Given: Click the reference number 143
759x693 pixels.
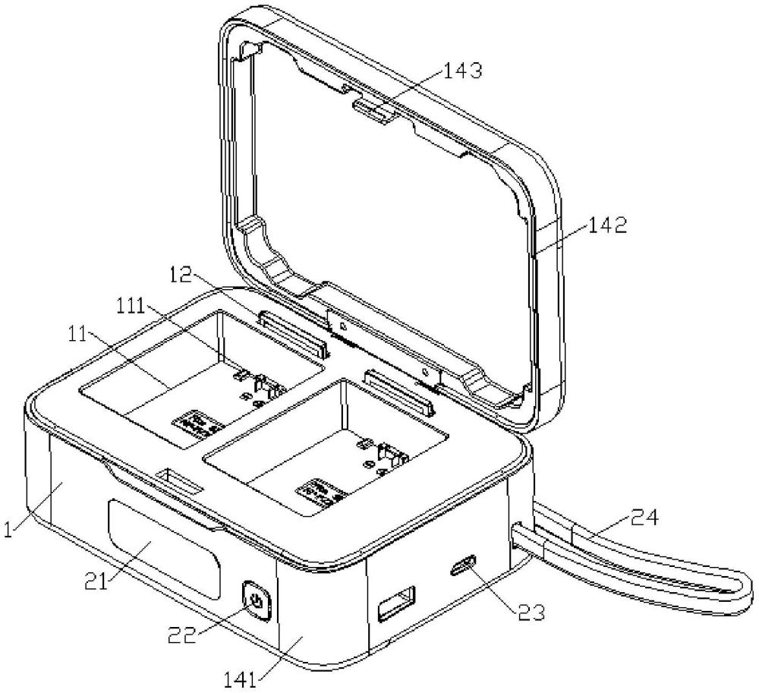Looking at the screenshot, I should (x=458, y=72).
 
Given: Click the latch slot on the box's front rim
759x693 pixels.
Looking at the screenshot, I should (x=178, y=481).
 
